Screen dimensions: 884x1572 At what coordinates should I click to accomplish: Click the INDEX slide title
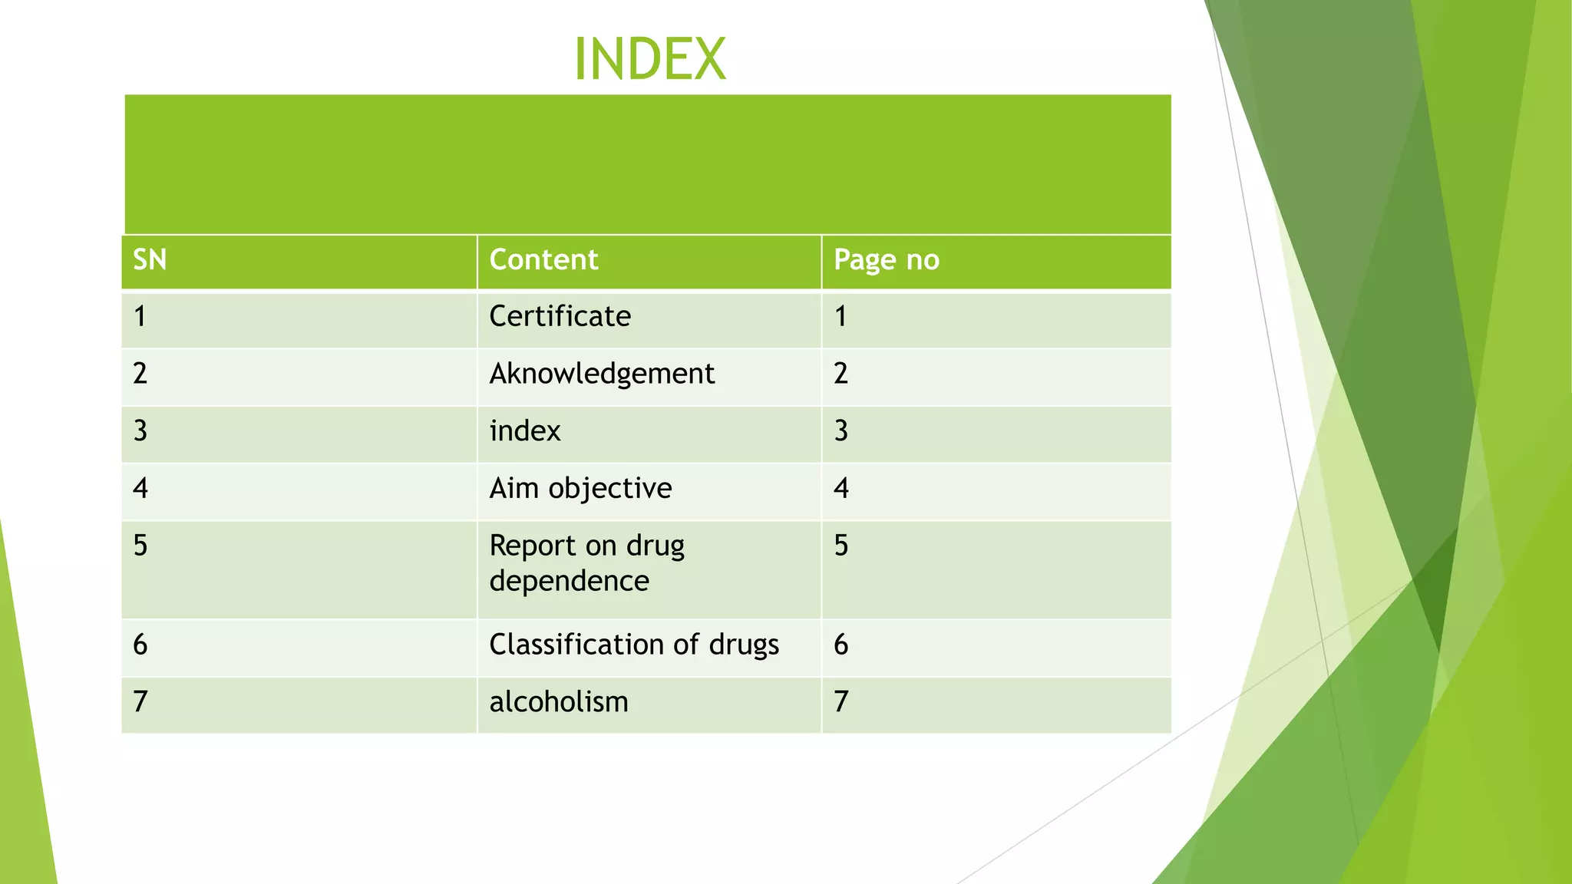click(649, 59)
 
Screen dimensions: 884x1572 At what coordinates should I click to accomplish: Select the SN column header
click(150, 260)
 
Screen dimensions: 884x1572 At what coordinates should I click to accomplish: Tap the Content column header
click(543, 260)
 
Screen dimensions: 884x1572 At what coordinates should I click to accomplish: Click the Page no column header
click(886, 260)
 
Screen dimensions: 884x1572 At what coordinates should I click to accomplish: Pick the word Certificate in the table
click(560, 316)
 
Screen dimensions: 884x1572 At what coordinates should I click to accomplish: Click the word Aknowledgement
click(602, 374)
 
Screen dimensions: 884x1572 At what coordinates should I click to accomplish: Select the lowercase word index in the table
click(525, 431)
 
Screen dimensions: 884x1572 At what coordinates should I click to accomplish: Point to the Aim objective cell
click(580, 488)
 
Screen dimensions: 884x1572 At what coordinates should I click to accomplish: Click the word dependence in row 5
click(569, 581)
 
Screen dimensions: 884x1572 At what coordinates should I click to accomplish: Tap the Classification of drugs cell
click(634, 645)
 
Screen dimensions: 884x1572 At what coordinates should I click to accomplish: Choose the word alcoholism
click(559, 702)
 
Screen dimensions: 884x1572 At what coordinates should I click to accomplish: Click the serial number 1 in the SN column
click(140, 316)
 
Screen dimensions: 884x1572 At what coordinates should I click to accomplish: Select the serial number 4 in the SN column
click(140, 488)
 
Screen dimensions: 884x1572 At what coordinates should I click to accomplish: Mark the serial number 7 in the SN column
click(140, 702)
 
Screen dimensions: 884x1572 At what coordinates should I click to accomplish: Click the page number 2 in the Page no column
click(840, 374)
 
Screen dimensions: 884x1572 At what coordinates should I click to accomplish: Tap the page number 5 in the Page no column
click(840, 546)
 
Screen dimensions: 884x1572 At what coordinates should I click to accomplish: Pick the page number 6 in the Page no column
click(840, 645)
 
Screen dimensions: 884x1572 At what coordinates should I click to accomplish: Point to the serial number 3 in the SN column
click(140, 431)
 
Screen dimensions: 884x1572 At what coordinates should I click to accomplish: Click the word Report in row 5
click(531, 546)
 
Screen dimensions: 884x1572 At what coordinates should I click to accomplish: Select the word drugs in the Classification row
click(744, 645)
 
